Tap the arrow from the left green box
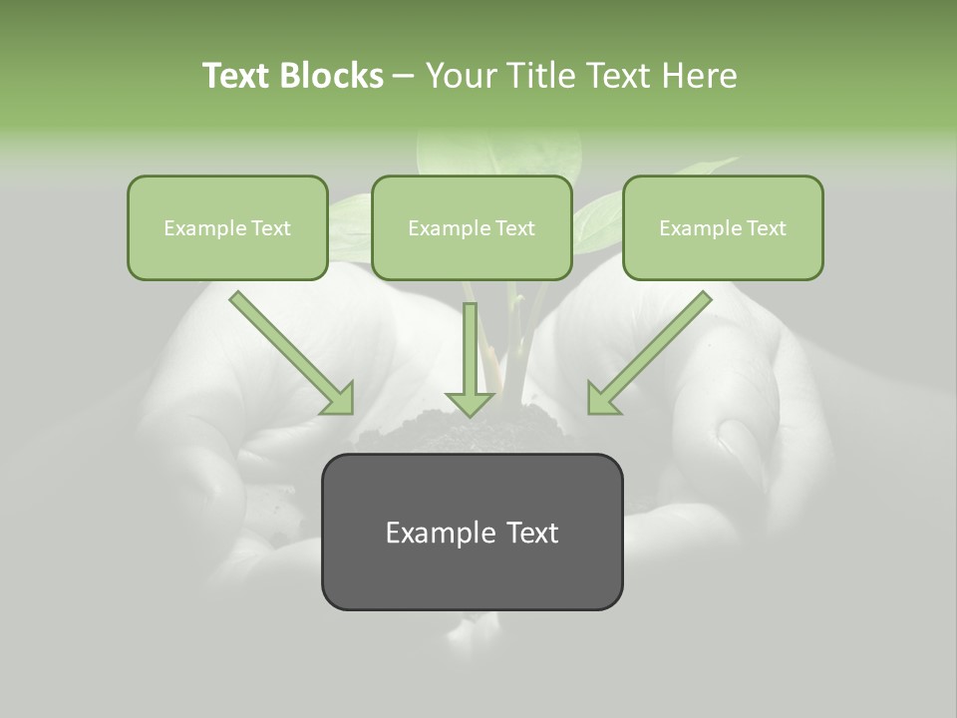(291, 352)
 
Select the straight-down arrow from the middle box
(471, 359)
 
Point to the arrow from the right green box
(649, 352)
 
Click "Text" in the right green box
(766, 228)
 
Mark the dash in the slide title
(404, 76)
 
